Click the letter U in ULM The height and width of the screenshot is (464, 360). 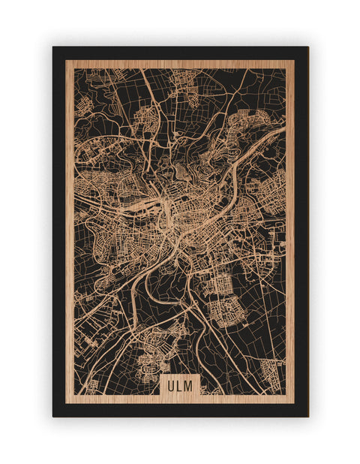(x=172, y=384)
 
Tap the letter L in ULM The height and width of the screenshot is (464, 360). (x=180, y=384)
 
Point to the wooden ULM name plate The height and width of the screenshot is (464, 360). (x=180, y=384)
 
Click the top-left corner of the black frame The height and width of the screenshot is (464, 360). (x=53, y=47)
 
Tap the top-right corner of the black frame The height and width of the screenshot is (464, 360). (x=307, y=47)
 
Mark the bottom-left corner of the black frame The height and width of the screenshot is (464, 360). (x=53, y=416)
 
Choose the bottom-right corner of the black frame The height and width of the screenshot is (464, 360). (x=307, y=416)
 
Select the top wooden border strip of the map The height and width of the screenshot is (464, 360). (x=180, y=64)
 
